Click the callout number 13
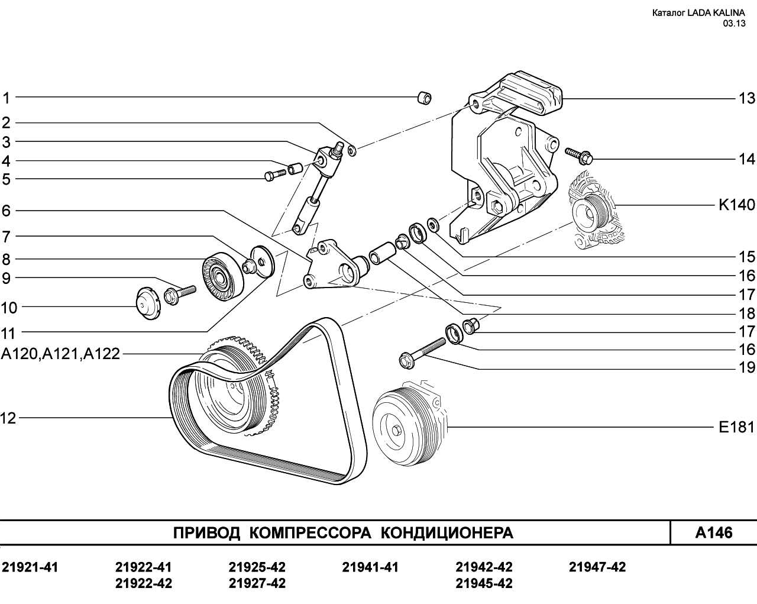pos(746,98)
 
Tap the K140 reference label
pos(737,205)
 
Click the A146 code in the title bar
pos(714,533)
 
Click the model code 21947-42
pos(597,567)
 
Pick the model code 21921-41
pos(30,567)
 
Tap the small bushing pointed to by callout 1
pos(424,98)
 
